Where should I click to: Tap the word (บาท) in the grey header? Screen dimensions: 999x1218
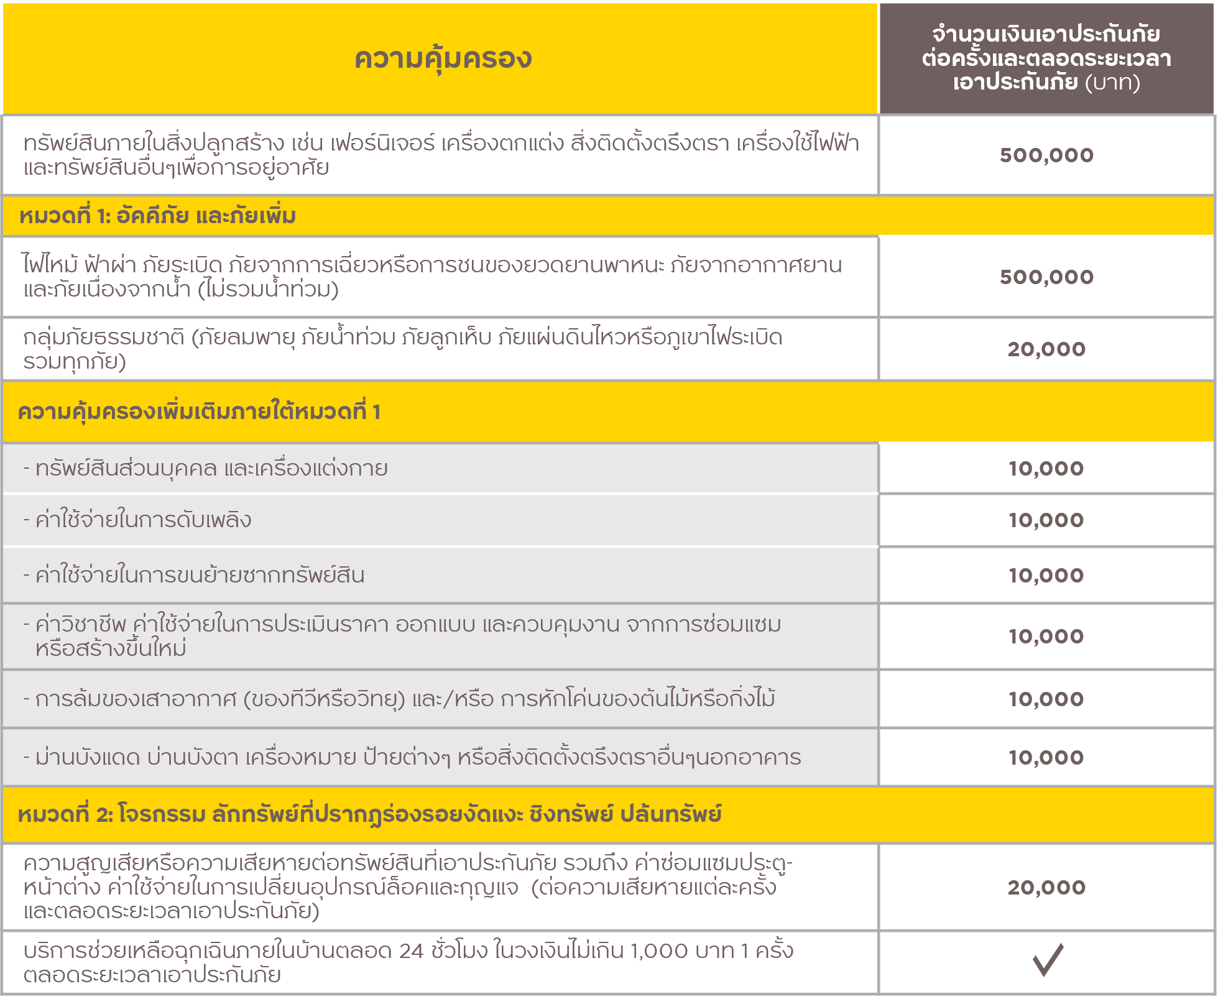(x=1113, y=83)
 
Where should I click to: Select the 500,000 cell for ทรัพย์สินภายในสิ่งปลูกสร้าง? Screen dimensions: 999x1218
(x=1046, y=155)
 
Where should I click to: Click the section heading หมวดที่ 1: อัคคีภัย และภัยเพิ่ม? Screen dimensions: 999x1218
(x=157, y=216)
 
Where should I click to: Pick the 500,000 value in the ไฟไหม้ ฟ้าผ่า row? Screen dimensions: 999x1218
(x=1046, y=277)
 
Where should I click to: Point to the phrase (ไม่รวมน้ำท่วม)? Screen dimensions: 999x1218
(x=268, y=290)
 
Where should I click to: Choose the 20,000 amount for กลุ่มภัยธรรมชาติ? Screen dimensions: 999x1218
(x=1046, y=349)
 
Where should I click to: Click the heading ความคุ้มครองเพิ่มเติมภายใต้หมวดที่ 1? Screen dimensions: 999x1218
(x=199, y=412)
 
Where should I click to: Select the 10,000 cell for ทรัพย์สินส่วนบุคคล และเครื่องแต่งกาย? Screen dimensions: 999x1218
(x=1046, y=469)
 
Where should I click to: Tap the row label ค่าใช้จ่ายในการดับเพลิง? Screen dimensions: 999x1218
(x=143, y=520)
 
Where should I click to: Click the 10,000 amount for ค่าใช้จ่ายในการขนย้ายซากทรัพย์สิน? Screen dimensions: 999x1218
(x=1046, y=576)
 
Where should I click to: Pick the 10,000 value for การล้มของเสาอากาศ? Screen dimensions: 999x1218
(x=1046, y=699)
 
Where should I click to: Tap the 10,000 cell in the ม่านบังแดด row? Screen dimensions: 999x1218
(x=1046, y=758)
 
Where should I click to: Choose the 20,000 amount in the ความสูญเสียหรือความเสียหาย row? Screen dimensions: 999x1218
(x=1046, y=888)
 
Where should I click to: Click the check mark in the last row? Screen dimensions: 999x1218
(x=1048, y=960)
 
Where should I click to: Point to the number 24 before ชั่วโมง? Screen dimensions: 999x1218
(x=411, y=951)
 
